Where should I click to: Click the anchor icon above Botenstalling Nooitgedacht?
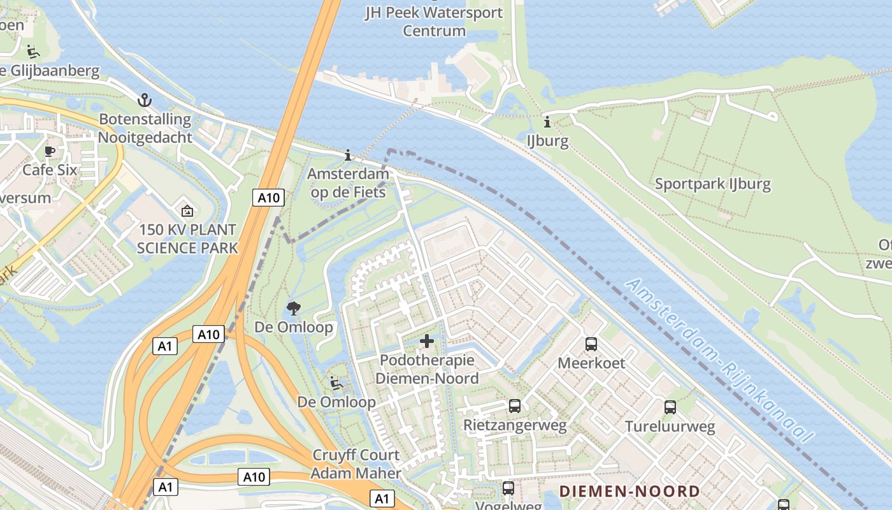pos(145,100)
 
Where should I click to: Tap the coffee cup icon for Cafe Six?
pos(50,151)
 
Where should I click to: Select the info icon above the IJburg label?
pos(547,122)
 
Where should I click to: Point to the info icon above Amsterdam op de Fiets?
pos(348,155)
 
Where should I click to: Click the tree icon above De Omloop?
pos(294,309)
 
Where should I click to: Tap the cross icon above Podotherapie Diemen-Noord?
pos(427,342)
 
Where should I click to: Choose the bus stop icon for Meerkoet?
pos(591,344)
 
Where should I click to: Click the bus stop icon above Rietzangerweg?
pos(515,405)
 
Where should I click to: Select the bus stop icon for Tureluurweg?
pos(670,407)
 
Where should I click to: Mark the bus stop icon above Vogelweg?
pos(508,488)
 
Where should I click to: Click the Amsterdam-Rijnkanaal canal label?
pos(720,361)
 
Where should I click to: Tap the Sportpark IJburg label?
pos(713,184)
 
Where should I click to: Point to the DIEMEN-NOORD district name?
pos(629,492)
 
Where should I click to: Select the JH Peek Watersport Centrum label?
pos(434,21)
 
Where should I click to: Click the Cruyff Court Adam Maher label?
pos(356,464)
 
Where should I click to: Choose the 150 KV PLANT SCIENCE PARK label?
pos(187,238)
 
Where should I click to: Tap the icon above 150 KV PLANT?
pos(187,210)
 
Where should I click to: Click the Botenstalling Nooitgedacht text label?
pos(145,128)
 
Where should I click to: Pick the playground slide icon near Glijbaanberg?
pos(33,52)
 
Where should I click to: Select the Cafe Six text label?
pos(50,170)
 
